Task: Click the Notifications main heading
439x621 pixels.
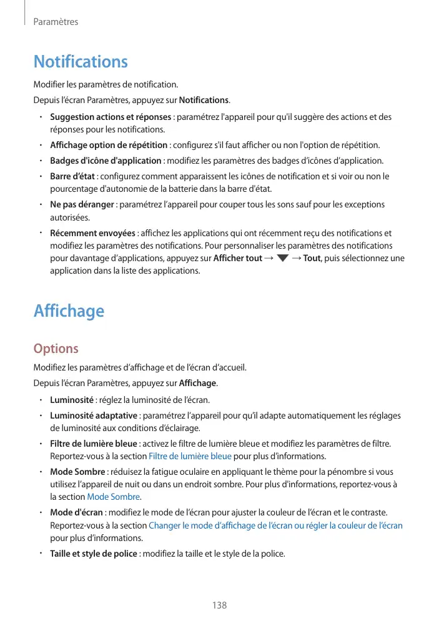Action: [x=81, y=62]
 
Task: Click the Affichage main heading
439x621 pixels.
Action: [x=69, y=310]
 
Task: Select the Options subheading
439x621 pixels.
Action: [x=56, y=348]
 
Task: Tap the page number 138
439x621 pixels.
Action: [x=219, y=605]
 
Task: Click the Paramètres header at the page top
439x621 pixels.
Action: [x=56, y=22]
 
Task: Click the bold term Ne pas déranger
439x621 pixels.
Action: [x=82, y=205]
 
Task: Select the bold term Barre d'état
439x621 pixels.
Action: [x=73, y=176]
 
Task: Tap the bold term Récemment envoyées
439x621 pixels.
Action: [x=92, y=234]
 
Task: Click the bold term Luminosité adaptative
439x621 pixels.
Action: [x=93, y=415]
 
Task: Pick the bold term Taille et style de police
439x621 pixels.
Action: [x=93, y=553]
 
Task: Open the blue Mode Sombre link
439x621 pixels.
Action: [x=113, y=497]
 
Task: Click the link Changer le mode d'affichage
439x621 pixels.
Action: [x=275, y=525]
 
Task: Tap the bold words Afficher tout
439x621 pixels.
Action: [x=237, y=259]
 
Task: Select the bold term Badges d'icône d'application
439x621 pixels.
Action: [x=106, y=161]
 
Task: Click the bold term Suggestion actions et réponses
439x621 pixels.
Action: [x=111, y=117]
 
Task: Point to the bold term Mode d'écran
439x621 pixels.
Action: [x=76, y=512]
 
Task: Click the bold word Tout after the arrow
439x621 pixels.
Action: [x=312, y=259]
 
